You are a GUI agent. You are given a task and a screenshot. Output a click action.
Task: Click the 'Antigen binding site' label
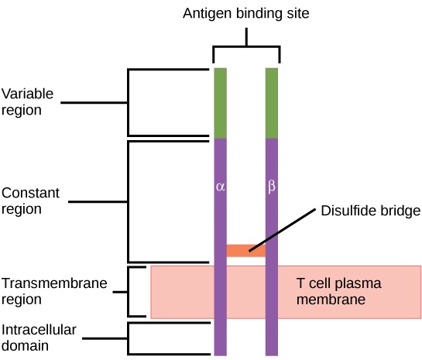pyautogui.click(x=246, y=13)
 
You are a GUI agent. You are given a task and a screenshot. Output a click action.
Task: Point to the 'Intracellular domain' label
pyautogui.click(x=39, y=338)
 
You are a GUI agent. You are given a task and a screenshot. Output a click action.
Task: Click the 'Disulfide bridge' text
pyautogui.click(x=369, y=211)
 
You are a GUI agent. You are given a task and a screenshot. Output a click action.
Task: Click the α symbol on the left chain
pyautogui.click(x=220, y=187)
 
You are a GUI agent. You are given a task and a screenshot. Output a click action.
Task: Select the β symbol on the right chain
pyautogui.click(x=272, y=187)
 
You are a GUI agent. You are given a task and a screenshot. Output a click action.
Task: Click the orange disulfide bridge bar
pyautogui.click(x=245, y=250)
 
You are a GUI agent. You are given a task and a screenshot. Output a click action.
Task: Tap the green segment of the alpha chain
pyautogui.click(x=220, y=103)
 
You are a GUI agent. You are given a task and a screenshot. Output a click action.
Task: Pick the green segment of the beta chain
pyautogui.click(x=272, y=103)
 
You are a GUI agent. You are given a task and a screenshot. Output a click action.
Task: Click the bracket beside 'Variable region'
pyautogui.click(x=129, y=102)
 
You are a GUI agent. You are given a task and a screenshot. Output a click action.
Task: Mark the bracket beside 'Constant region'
pyautogui.click(x=129, y=201)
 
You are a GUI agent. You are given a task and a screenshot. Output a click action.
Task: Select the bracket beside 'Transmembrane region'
pyautogui.click(x=129, y=292)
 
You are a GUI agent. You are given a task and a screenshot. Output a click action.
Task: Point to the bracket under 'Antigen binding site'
pyautogui.click(x=246, y=46)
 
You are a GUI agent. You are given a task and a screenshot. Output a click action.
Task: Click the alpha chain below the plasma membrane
pyautogui.click(x=220, y=337)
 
